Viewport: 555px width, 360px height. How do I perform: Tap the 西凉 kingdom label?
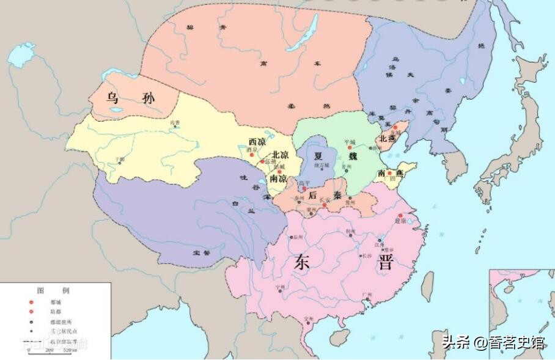[257, 142]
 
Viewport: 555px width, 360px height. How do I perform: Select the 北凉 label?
[281, 155]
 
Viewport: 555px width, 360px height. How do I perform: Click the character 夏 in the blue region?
[318, 155]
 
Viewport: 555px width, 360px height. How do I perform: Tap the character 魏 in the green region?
[353, 156]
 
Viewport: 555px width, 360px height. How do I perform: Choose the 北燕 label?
[388, 139]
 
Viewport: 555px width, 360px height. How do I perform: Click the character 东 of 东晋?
[303, 262]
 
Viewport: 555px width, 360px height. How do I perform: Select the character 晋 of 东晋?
[386, 262]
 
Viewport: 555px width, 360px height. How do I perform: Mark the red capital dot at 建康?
[400, 216]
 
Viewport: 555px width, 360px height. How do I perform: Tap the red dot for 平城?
[350, 147]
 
